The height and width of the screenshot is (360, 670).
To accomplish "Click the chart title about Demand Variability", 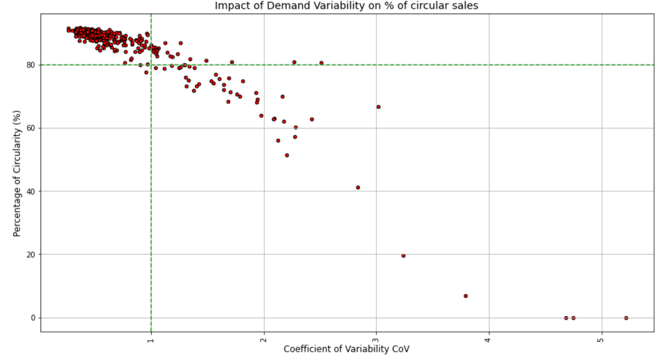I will point(346,6).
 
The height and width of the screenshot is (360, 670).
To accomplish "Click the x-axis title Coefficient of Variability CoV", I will point(346,349).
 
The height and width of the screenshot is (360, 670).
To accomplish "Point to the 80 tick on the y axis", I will point(30,65).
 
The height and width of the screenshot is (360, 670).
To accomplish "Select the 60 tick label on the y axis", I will point(30,128).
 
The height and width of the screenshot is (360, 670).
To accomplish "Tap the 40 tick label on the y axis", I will point(30,192).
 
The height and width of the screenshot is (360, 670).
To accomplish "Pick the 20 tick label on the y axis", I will point(30,255).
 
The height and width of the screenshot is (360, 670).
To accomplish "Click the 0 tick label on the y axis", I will point(33,318).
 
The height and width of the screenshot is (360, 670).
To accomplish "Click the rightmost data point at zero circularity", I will point(626,318).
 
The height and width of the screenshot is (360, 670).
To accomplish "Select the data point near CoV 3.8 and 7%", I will point(465,296).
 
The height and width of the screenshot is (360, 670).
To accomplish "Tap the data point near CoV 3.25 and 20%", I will point(403,256).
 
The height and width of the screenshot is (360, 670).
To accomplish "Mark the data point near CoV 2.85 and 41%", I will point(358,188).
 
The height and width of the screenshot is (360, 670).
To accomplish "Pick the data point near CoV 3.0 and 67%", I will point(379,107).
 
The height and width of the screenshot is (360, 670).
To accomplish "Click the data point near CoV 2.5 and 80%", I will point(321,63).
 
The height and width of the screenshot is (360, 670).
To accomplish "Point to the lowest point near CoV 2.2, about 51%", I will point(287,155).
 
